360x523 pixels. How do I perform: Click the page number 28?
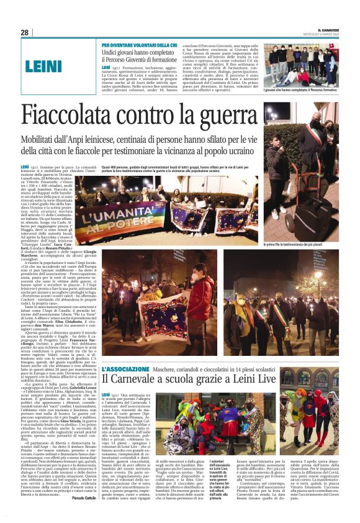25,32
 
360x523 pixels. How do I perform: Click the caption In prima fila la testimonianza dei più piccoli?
300,245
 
